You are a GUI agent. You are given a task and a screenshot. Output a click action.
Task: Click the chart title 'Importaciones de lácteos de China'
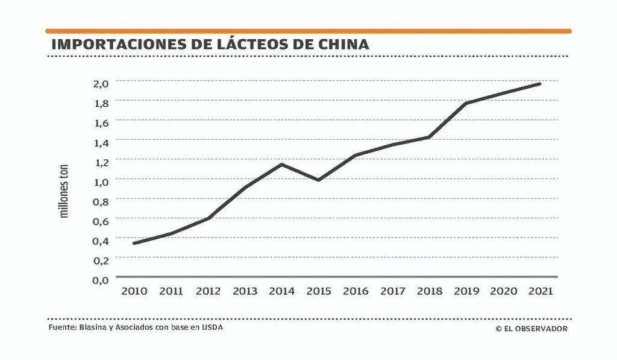(210, 45)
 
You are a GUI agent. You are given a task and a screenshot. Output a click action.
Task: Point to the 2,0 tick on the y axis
(100, 83)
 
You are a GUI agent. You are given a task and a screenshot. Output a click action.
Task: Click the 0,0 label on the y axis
(100, 279)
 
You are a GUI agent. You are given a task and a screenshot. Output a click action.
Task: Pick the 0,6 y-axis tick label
(100, 221)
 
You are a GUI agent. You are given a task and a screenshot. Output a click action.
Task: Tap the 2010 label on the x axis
(134, 291)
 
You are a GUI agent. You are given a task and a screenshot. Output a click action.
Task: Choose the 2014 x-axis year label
(282, 291)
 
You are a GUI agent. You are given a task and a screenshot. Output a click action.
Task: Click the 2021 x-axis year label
(540, 291)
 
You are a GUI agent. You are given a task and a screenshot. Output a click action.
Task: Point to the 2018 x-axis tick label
(430, 291)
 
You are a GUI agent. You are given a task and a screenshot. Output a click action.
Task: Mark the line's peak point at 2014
(282, 164)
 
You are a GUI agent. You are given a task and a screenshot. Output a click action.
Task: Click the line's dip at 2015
(318, 180)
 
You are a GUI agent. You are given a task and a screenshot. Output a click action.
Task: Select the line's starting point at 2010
(134, 243)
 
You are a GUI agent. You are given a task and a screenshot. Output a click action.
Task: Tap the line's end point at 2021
(540, 84)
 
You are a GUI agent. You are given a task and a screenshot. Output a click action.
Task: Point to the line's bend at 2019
(466, 103)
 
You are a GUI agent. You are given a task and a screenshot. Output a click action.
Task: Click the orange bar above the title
(308, 31)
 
